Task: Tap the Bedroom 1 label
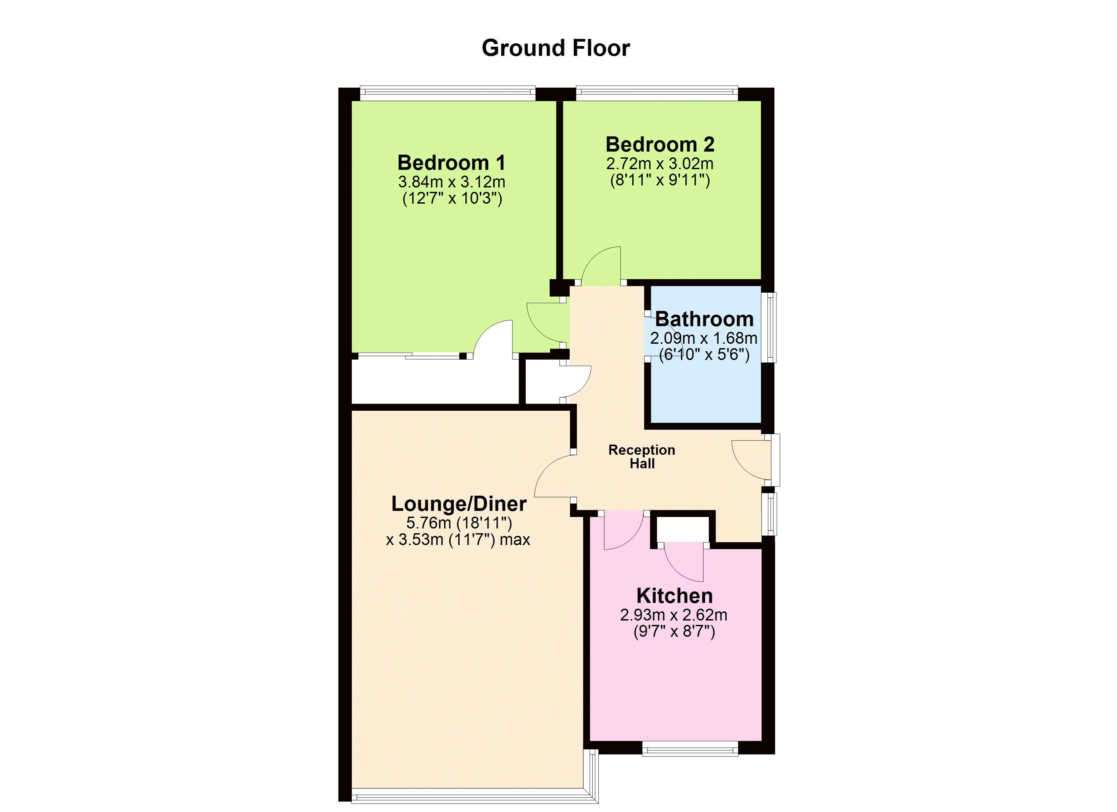[x=451, y=162]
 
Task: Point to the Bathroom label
[x=704, y=319]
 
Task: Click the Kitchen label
[x=674, y=596]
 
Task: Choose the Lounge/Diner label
[x=459, y=504]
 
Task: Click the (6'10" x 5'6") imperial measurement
[x=704, y=355]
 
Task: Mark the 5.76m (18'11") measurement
[x=459, y=522]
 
